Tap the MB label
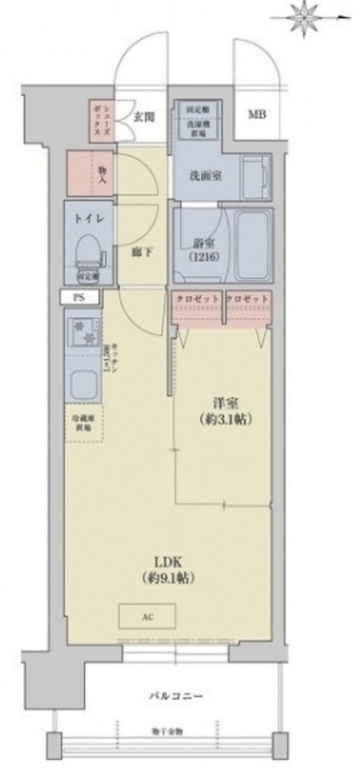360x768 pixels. (257, 114)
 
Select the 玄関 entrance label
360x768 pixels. (143, 114)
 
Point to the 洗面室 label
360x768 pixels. (206, 176)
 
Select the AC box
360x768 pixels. (147, 617)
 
